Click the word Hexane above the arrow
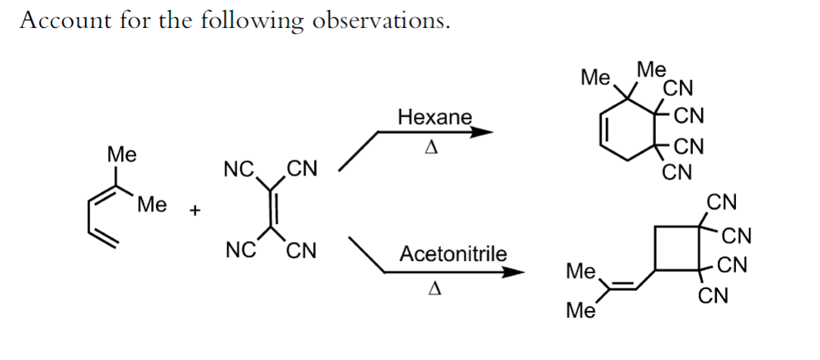434,117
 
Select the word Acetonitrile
453,253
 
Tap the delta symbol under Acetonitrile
434,288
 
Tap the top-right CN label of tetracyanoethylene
303,167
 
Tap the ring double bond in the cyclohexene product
604,132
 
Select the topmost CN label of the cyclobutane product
722,202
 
